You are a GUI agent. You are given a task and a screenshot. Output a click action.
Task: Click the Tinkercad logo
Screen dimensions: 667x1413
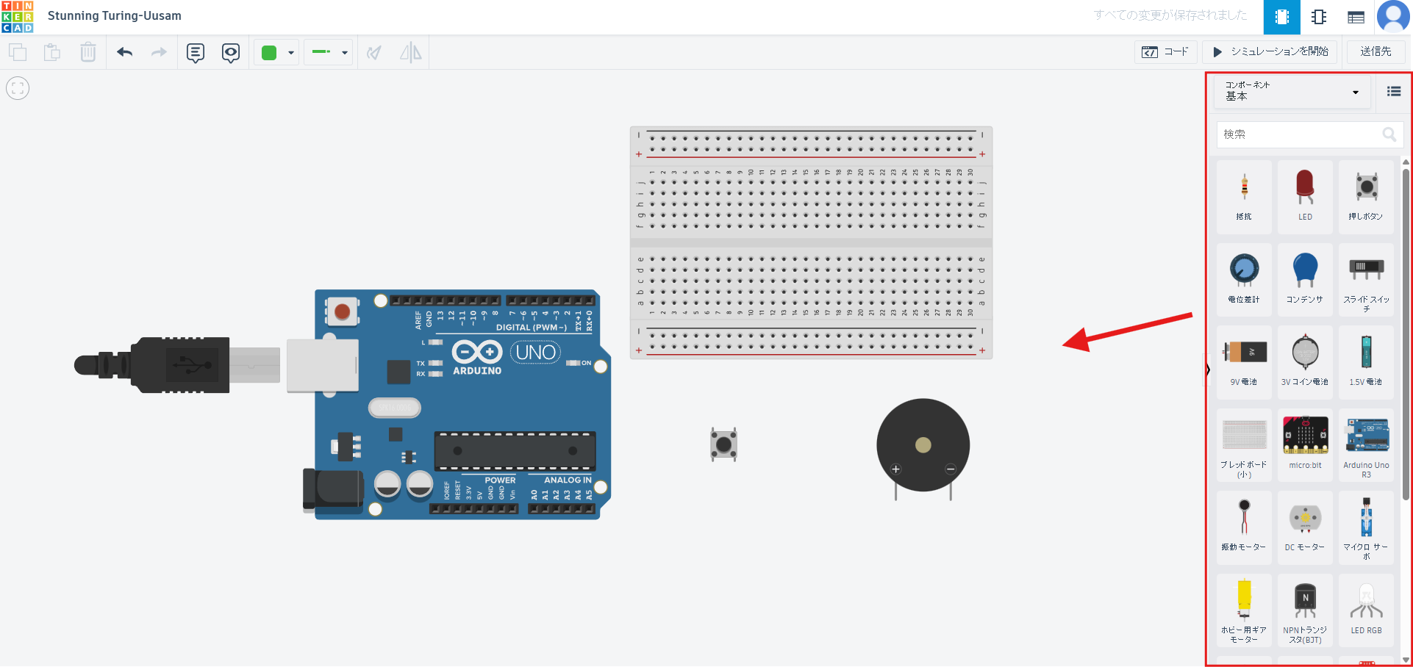coord(17,16)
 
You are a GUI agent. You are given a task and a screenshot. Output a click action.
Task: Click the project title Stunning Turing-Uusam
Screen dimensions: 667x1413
coord(114,15)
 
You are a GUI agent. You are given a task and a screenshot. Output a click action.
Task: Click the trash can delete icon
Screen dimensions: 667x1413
coord(88,52)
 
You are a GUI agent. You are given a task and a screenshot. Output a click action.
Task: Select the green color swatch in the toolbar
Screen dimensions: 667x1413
coord(269,52)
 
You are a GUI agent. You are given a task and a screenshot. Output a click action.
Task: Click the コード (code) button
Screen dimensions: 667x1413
coord(1165,51)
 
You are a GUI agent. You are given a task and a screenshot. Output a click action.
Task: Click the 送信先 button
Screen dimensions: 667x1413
coord(1375,51)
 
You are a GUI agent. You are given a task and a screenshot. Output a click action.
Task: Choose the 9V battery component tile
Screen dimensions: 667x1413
coord(1244,360)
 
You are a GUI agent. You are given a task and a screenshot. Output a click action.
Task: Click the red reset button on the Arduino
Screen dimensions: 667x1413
coord(342,312)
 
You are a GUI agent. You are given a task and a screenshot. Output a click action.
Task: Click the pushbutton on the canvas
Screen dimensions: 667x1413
coord(724,444)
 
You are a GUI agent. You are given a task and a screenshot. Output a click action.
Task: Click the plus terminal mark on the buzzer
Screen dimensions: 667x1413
coord(895,469)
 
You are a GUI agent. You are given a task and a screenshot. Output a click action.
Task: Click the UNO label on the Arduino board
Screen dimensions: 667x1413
coord(535,353)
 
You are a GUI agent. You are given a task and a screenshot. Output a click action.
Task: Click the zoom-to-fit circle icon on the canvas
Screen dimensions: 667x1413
coord(18,88)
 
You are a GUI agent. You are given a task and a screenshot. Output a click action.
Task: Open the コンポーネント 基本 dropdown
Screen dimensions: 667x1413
coord(1292,92)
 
